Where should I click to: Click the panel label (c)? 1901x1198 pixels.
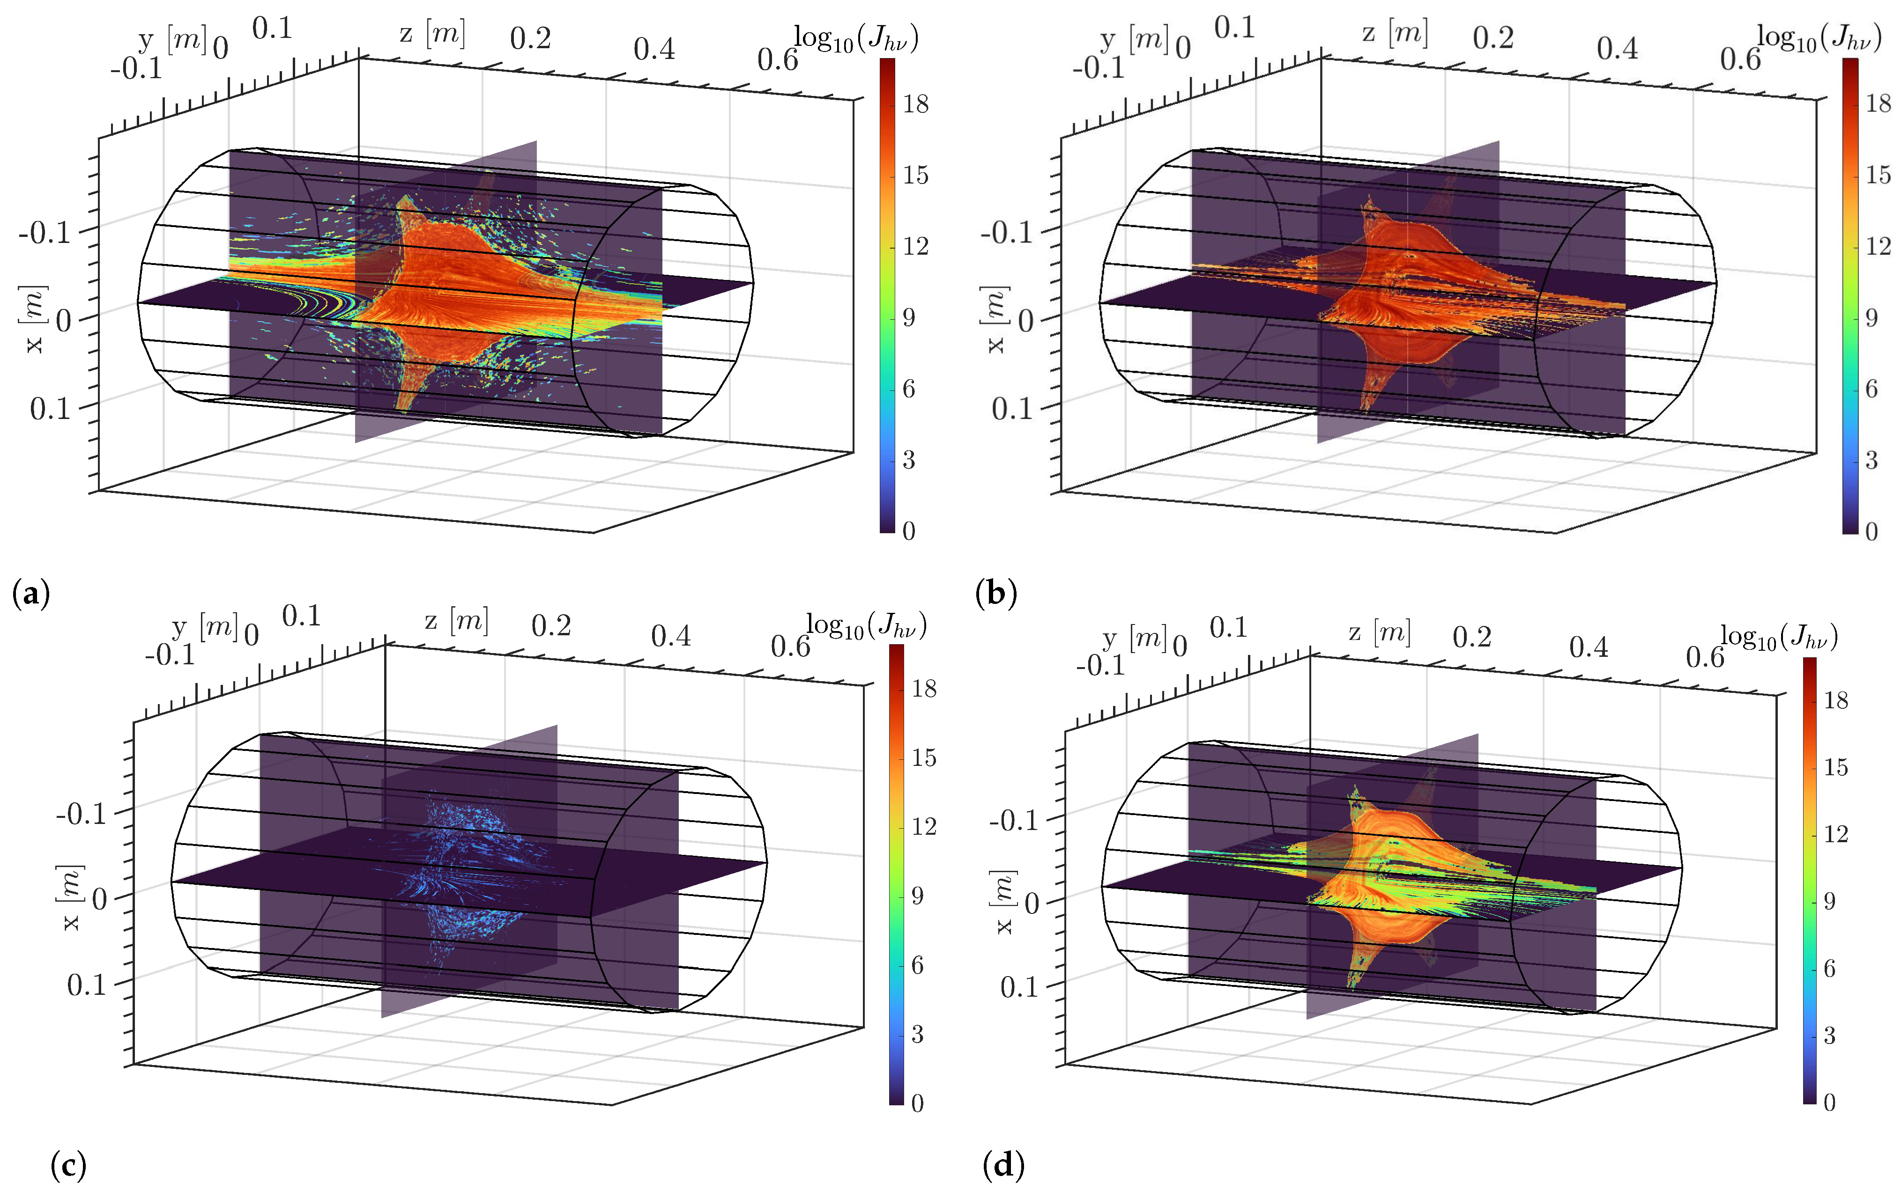(x=68, y=1165)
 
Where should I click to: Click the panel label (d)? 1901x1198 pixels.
(x=1003, y=1165)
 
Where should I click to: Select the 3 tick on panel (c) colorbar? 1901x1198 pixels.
(x=917, y=1034)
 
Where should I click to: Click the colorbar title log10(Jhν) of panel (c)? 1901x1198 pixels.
(x=866, y=626)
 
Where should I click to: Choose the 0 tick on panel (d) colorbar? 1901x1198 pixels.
(x=1829, y=1102)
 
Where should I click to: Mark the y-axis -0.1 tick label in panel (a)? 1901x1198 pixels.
(x=136, y=69)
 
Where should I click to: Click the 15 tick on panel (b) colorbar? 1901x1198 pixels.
(x=1877, y=175)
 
